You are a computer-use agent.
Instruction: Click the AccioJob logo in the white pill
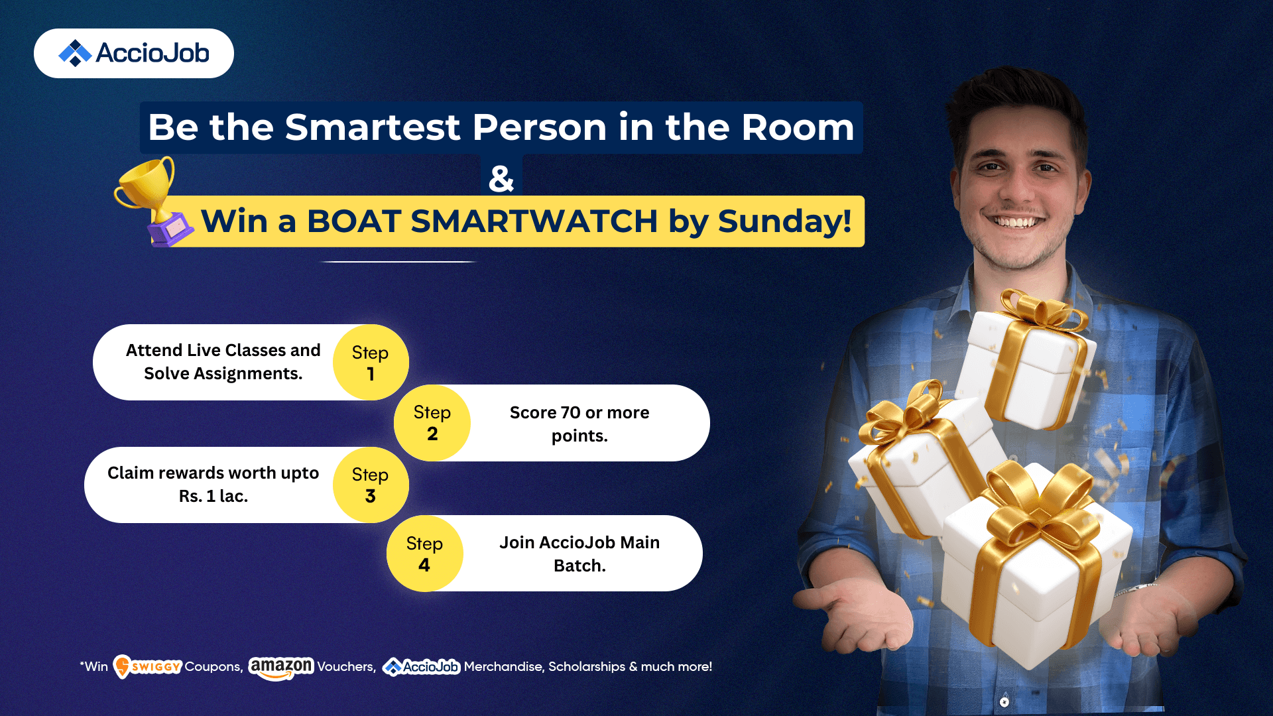click(x=134, y=53)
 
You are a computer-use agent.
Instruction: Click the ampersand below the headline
click(x=501, y=178)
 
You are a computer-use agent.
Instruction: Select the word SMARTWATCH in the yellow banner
click(x=534, y=221)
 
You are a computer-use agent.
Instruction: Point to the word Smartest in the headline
click(x=373, y=127)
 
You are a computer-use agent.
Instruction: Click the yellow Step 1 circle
click(x=371, y=362)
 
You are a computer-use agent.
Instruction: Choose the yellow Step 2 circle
click(x=432, y=423)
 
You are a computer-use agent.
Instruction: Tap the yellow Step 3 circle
click(x=371, y=485)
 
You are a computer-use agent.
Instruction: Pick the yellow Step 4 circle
click(x=424, y=554)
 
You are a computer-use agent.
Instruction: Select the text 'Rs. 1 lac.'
click(x=213, y=496)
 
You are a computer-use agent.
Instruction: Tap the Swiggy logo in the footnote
click(x=147, y=666)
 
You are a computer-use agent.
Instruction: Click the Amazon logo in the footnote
click(x=280, y=668)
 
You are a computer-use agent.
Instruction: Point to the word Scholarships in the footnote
click(x=587, y=667)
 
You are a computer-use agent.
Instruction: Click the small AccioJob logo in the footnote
click(x=421, y=667)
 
